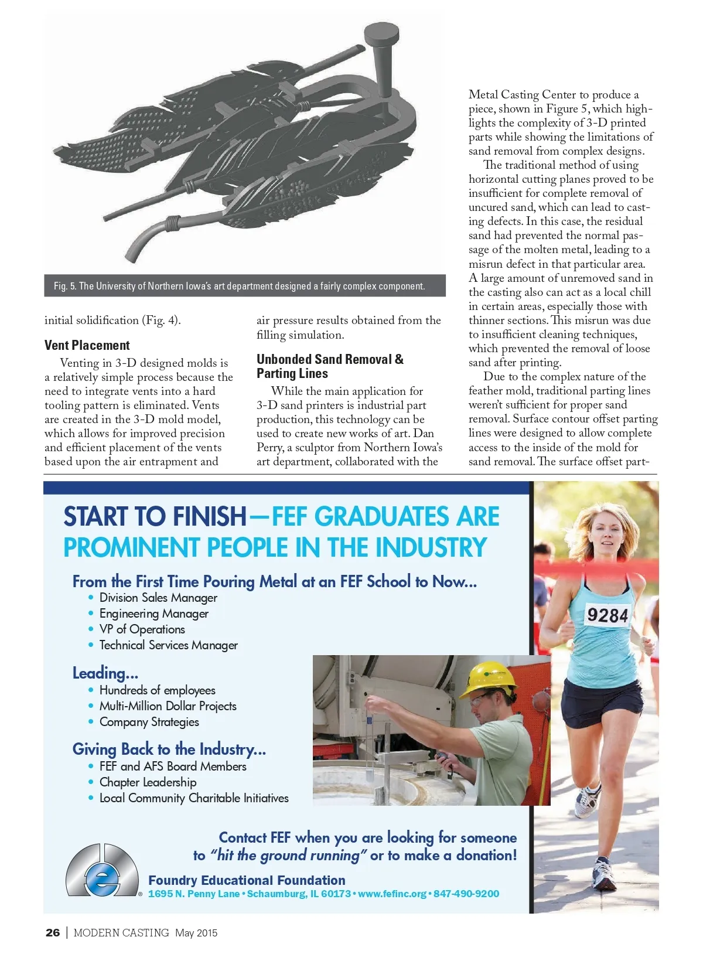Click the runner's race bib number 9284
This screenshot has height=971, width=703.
point(608,615)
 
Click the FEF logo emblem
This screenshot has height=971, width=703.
point(102,871)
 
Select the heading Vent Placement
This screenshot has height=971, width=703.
point(87,345)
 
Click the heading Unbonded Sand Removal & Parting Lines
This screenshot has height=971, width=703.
point(330,366)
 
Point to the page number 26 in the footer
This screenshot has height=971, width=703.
point(53,932)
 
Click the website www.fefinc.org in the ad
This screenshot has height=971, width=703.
point(392,894)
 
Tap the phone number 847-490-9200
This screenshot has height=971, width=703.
point(466,894)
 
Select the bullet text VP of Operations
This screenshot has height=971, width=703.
point(142,629)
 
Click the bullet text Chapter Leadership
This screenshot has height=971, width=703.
point(148,782)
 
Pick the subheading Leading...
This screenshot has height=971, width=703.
point(105,673)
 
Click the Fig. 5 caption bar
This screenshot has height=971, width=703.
point(245,286)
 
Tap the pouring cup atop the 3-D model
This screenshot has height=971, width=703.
point(381,35)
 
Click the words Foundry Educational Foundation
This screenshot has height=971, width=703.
point(247,880)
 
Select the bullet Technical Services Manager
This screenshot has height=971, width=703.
point(168,645)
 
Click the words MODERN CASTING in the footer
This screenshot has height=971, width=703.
point(121,932)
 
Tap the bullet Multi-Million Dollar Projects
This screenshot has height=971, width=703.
point(168,706)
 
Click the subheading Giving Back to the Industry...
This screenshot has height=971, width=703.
point(169,749)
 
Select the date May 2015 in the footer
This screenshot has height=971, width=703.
point(196,932)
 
